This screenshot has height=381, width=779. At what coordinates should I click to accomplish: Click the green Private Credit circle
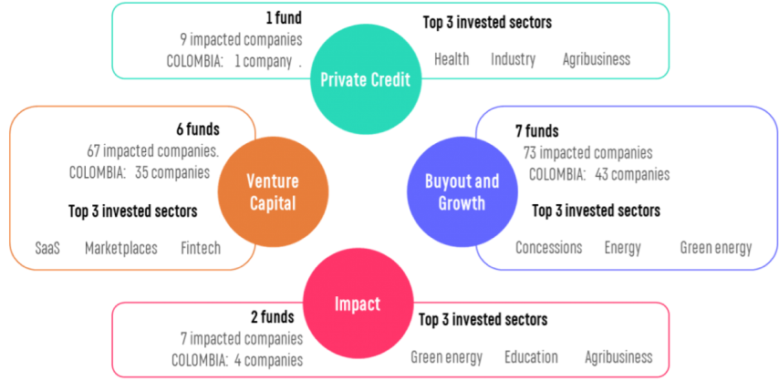[366, 79]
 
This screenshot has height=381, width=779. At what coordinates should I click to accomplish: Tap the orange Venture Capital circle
[273, 191]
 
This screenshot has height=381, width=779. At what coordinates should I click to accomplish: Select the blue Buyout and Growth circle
[462, 191]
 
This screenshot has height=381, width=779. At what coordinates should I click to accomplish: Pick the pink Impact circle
[358, 304]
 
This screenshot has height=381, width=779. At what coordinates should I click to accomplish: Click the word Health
[452, 59]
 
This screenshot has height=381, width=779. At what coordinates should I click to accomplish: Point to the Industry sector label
[514, 60]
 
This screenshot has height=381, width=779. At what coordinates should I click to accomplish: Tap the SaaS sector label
[47, 248]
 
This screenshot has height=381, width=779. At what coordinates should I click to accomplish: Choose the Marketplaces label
[121, 248]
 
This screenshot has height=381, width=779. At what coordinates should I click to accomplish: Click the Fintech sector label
[201, 248]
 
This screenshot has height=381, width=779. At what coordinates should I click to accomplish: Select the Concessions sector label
[548, 247]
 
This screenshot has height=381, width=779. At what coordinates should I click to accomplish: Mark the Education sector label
[531, 357]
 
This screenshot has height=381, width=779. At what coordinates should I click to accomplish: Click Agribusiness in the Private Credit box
[597, 60]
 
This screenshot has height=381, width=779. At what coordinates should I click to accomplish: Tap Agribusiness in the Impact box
[618, 357]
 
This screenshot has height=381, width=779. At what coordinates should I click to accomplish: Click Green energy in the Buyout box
[716, 248]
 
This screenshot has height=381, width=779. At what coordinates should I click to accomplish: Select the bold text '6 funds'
[198, 129]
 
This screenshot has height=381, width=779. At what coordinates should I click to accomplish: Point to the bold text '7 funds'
[536, 131]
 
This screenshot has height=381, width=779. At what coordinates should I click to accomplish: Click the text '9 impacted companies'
[241, 40]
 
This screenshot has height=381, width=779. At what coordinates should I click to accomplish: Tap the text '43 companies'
[632, 175]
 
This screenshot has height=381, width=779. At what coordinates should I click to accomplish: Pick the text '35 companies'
[172, 173]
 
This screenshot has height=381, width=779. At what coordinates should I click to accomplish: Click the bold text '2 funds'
[272, 317]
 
